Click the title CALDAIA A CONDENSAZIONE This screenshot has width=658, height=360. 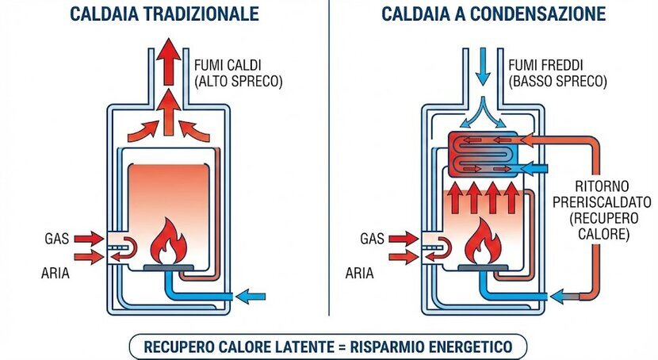tap(493, 15)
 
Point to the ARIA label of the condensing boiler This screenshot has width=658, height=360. tap(361, 273)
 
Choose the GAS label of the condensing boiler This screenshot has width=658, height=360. tap(372, 237)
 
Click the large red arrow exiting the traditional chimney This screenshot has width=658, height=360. tap(167, 59)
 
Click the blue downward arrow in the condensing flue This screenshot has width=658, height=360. tap(480, 67)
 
